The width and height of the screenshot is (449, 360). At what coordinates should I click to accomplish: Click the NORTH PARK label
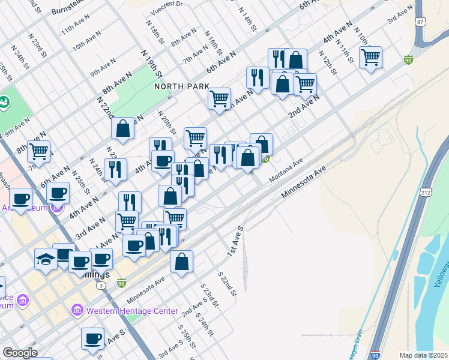(181, 86)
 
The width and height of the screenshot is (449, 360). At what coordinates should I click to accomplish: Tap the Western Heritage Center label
(132, 311)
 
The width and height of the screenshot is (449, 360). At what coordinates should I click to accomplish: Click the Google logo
(20, 353)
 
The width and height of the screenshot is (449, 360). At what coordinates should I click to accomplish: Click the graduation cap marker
(46, 259)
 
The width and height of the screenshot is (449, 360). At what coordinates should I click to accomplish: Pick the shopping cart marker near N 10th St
(371, 58)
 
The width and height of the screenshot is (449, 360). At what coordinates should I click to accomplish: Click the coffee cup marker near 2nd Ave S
(93, 338)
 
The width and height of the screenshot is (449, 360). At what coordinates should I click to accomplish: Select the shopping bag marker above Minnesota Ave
(181, 262)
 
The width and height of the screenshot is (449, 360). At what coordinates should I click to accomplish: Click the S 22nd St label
(228, 282)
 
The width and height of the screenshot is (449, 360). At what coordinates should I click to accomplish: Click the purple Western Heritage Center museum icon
(77, 311)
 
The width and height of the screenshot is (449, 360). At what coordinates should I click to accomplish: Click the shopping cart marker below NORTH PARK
(220, 98)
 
